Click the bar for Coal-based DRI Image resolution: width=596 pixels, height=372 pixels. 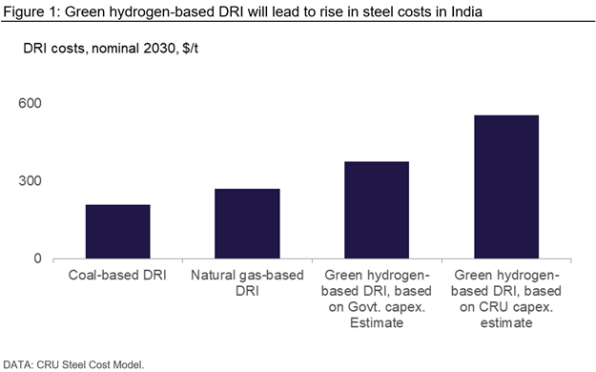click(118, 232)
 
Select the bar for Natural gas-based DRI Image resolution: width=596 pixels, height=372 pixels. click(247, 223)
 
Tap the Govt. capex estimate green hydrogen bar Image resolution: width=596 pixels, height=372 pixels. click(377, 210)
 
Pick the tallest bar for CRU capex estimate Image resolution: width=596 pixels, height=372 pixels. click(506, 187)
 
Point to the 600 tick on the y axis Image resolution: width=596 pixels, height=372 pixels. click(30, 103)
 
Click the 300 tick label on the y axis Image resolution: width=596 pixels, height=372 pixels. click(30, 180)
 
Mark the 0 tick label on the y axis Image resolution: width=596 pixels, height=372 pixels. click(37, 258)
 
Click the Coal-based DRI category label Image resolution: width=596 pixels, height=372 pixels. click(117, 275)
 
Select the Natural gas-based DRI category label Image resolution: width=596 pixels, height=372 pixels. click(247, 283)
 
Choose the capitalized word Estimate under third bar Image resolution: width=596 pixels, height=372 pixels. click(377, 323)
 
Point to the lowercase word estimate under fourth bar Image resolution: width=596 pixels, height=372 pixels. click(506, 323)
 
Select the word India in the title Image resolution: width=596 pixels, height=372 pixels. click(466, 11)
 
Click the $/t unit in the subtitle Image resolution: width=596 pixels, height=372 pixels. click(190, 49)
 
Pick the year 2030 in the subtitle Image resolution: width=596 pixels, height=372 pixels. click(159, 49)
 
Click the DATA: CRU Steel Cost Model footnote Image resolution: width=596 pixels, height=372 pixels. click(73, 364)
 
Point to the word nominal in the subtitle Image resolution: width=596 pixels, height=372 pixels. click(115, 49)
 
